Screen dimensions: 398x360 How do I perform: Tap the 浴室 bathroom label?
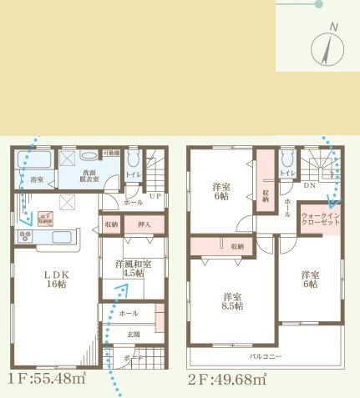(37, 179)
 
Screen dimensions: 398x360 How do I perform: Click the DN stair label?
(309, 185)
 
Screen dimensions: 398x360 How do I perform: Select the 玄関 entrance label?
(134, 335)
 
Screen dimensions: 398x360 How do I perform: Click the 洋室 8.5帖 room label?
(233, 301)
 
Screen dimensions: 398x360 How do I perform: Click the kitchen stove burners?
(23, 237)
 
